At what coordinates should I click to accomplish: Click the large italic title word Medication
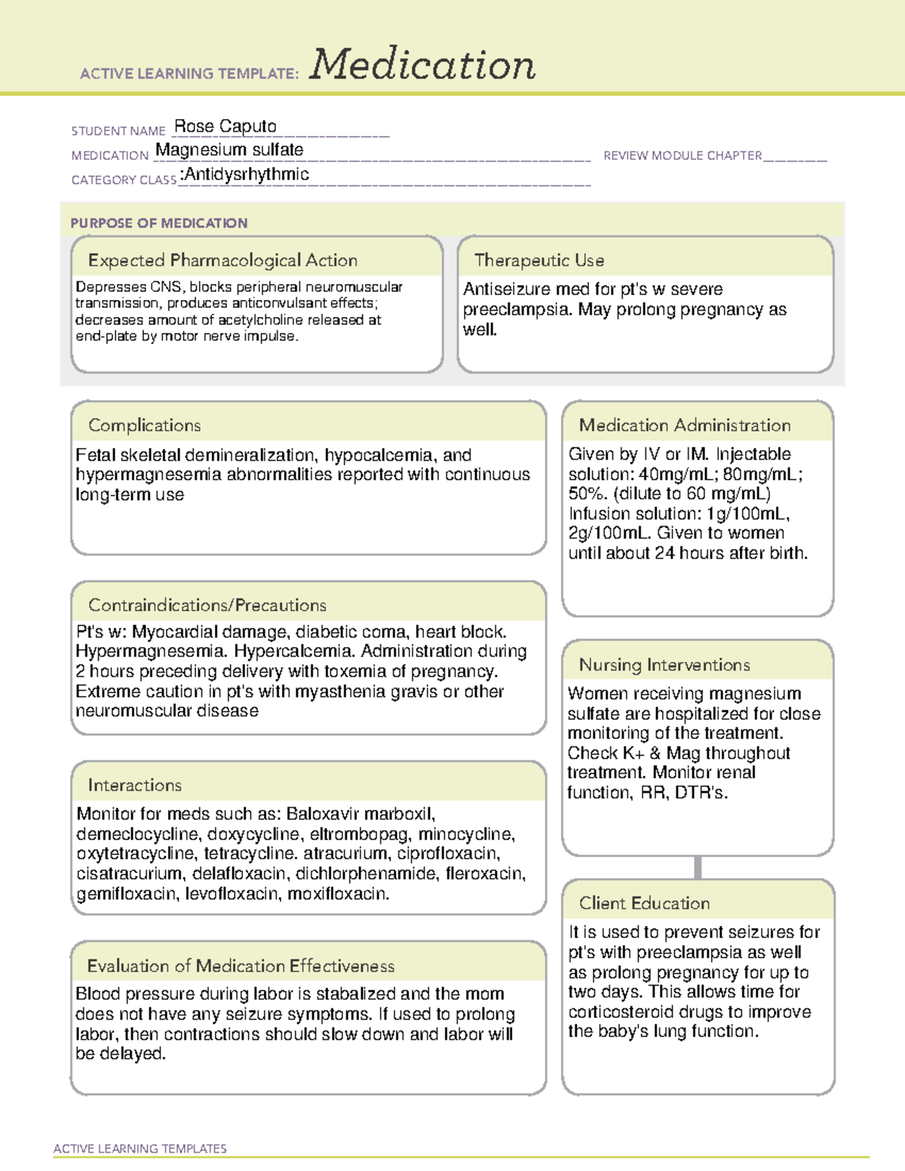(x=422, y=65)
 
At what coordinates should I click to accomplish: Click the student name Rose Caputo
(x=225, y=127)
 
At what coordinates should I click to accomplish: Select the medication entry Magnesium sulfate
(x=229, y=150)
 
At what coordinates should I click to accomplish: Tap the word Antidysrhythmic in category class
(x=247, y=175)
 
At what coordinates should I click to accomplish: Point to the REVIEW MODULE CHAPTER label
(x=683, y=156)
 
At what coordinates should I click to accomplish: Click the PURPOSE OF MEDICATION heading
(x=158, y=223)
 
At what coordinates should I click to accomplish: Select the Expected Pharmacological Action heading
(x=222, y=261)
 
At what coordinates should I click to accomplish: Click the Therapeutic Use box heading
(x=538, y=261)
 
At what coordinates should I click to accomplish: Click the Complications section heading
(x=144, y=425)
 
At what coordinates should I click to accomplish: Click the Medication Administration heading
(x=684, y=425)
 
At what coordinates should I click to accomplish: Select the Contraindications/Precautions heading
(x=207, y=605)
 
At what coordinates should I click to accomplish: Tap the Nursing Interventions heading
(x=664, y=665)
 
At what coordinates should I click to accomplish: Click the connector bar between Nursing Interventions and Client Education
(x=698, y=867)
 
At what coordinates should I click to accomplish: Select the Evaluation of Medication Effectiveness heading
(x=241, y=967)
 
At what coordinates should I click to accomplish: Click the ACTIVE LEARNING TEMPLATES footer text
(x=140, y=1148)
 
